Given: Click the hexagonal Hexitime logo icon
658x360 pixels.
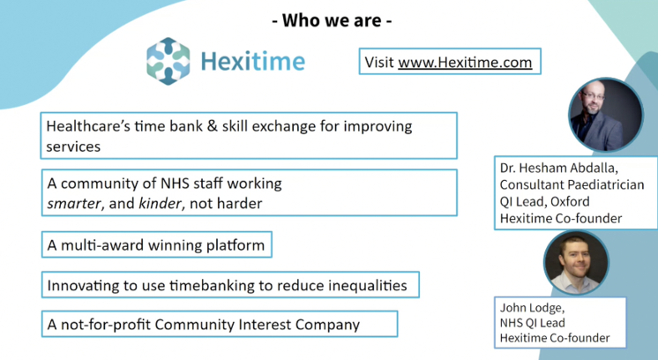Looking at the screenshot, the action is [168, 61].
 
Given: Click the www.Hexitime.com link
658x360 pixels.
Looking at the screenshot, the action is [465, 63].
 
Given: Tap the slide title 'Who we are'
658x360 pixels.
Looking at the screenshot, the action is [332, 20].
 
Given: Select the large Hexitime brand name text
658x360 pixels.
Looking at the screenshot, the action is [252, 62].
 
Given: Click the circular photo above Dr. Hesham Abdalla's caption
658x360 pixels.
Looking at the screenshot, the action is [606, 115].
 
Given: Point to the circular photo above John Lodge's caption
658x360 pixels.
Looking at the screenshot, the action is [576, 262].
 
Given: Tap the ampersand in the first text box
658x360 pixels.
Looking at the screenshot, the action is [213, 126].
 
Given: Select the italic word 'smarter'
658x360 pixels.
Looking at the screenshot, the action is [74, 204].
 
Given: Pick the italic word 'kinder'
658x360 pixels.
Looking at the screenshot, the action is [161, 204].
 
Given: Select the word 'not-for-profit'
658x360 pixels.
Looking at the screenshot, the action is [106, 325].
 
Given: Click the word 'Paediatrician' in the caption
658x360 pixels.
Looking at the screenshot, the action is [609, 184].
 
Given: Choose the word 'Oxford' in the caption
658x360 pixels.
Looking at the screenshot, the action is [570, 201].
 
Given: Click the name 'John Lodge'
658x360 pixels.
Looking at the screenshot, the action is [532, 308].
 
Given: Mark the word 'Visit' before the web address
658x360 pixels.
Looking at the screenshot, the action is [379, 63].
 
